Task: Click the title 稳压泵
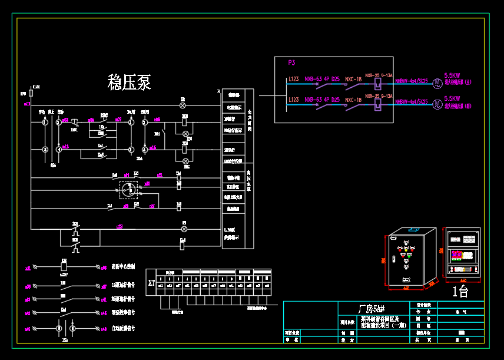point(129,82)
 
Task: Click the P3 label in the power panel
point(291,62)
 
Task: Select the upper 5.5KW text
point(452,75)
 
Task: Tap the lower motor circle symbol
point(437,104)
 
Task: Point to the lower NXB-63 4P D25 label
point(322,100)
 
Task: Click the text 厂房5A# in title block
point(372,309)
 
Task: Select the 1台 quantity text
point(460,291)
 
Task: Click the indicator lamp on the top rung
point(183,105)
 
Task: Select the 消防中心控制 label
point(123,266)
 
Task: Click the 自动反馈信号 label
point(123,327)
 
